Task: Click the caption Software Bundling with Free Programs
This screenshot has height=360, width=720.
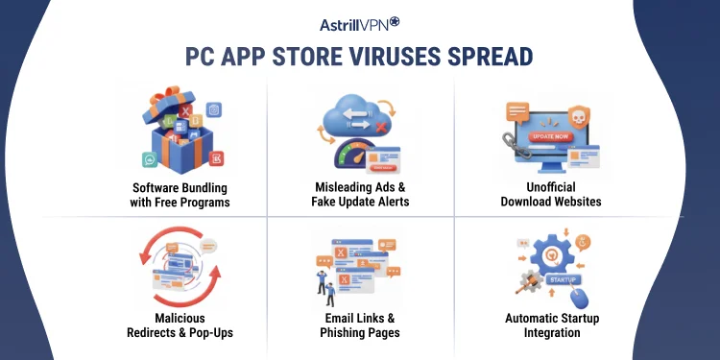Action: click(180, 195)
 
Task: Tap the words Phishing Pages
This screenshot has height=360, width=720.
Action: click(360, 332)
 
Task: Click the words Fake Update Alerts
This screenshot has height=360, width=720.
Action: click(360, 203)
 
